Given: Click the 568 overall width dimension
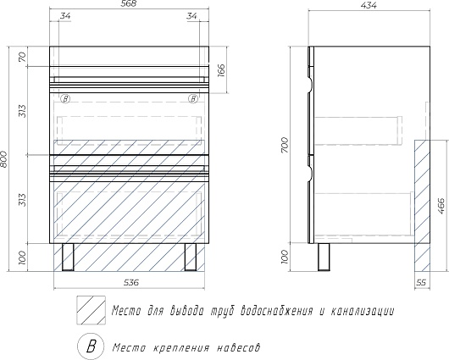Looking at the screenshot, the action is click(129, 3).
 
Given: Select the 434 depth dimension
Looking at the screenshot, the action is click(369, 5).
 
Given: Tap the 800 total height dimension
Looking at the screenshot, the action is click(4, 159).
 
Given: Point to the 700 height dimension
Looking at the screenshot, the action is click(285, 145).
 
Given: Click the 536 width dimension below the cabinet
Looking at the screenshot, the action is click(131, 283).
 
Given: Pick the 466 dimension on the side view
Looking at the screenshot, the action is click(441, 206).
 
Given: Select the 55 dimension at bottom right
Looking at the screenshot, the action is click(421, 283).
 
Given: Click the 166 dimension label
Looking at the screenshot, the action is click(222, 70).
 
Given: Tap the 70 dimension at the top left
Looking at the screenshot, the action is click(23, 57).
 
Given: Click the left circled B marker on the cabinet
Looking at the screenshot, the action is click(65, 99).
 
